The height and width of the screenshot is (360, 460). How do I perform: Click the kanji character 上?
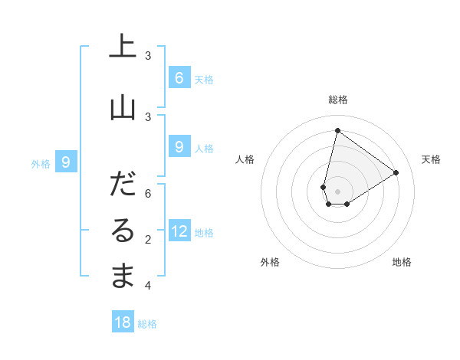pyautogui.click(x=123, y=47)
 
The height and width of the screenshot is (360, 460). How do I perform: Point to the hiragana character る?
pyautogui.click(x=123, y=231)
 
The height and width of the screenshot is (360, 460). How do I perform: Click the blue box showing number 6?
pyautogui.click(x=179, y=77)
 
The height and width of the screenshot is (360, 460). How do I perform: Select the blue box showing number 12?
pyautogui.click(x=179, y=231)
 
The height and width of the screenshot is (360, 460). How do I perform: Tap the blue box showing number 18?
pyautogui.click(x=123, y=322)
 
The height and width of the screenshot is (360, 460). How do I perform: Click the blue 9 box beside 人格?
pyautogui.click(x=179, y=146)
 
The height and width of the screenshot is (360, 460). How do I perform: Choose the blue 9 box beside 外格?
pyautogui.click(x=66, y=162)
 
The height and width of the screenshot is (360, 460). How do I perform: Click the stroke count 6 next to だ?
pyautogui.click(x=148, y=194)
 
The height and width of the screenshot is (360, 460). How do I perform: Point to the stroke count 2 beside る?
pyautogui.click(x=148, y=240)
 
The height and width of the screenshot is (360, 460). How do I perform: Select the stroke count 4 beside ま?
pyautogui.click(x=148, y=286)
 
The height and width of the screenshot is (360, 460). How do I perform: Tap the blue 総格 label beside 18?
pyautogui.click(x=147, y=324)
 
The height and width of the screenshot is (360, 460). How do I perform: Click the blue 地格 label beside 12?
pyautogui.click(x=204, y=233)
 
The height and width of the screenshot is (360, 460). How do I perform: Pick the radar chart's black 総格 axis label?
pyautogui.click(x=337, y=100)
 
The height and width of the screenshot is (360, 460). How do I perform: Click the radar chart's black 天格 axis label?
pyautogui.click(x=432, y=159)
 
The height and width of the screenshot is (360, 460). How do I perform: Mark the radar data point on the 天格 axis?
pyautogui.click(x=396, y=173)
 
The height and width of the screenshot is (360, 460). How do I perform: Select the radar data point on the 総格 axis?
pyautogui.click(x=337, y=130)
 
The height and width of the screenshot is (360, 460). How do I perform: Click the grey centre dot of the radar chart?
pyautogui.click(x=337, y=191)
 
